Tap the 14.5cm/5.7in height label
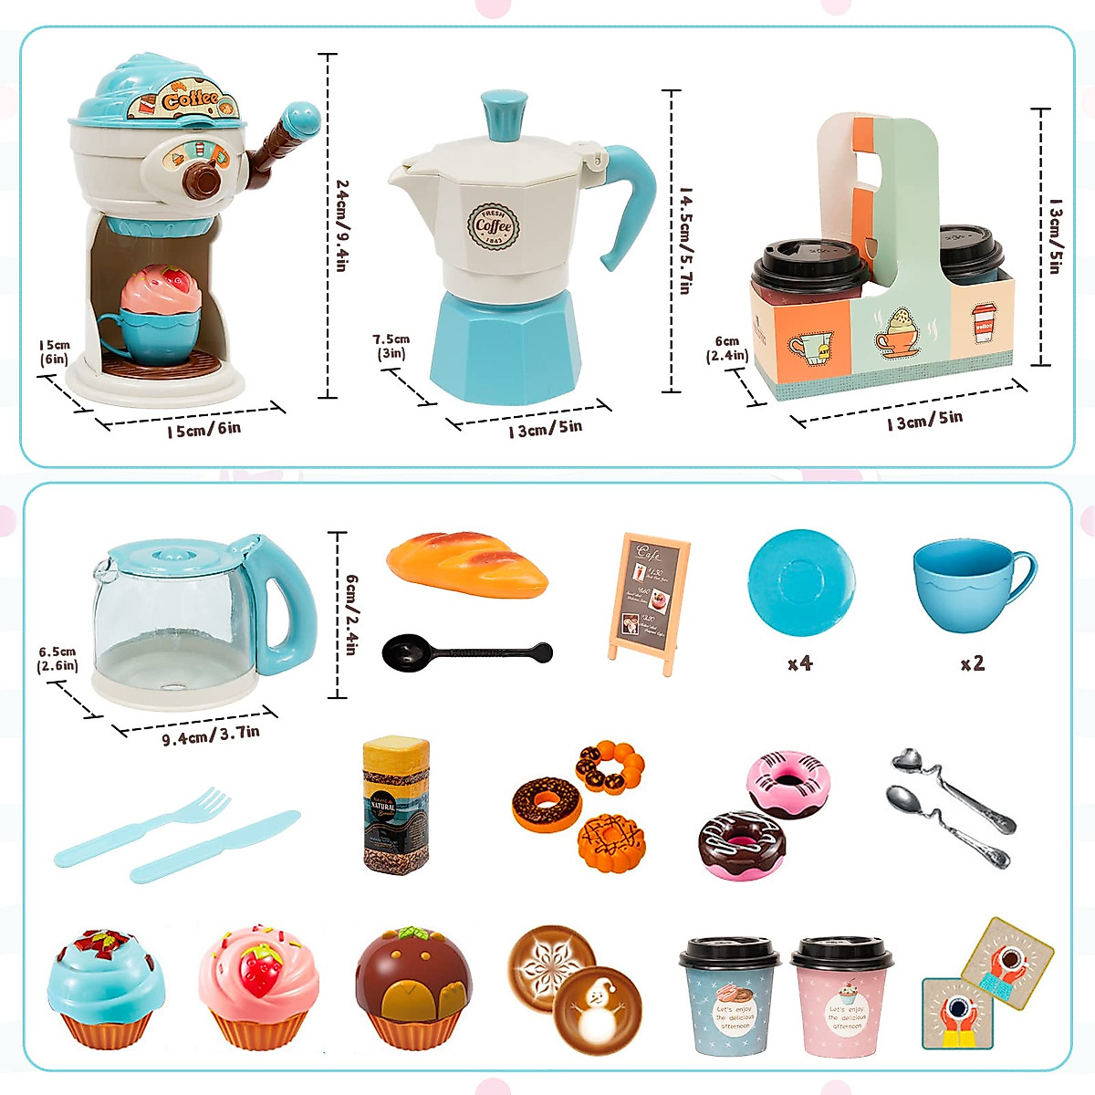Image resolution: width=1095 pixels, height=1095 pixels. coord(685,241)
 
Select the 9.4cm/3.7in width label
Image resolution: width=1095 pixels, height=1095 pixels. coord(211,735)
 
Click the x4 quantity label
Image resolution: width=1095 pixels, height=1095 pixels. coord(799,663)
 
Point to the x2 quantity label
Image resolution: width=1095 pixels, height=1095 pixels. coord(973,663)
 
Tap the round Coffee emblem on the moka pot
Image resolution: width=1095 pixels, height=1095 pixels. coord(494,226)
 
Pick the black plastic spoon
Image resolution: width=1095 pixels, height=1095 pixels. coord(465,652)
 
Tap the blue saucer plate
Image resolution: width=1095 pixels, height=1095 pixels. coord(801,581)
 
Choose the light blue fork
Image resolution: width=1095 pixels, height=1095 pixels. coord(143,828)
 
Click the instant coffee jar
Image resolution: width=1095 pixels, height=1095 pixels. coord(396,804)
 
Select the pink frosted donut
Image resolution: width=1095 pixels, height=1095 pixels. coord(789,782)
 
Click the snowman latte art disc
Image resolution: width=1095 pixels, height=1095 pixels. coord(597,1006)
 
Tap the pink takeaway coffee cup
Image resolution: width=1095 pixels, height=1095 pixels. coord(842,997)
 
